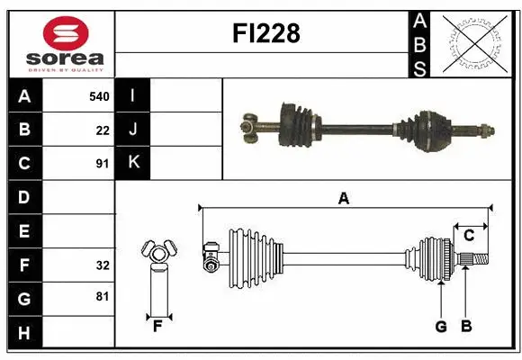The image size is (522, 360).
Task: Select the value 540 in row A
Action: point(98,95)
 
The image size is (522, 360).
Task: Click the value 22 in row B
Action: point(102,130)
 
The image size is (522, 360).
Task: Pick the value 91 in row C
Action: point(102,164)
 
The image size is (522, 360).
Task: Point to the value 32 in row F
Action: point(102,265)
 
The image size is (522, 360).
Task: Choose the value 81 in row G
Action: point(102,298)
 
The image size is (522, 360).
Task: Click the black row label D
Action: point(23,197)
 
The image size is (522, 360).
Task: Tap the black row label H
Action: point(23,333)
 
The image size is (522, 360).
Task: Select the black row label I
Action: point(133,95)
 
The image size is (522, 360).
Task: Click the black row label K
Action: point(133,164)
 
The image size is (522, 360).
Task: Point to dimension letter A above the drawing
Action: point(343,199)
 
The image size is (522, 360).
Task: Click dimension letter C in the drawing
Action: point(469,235)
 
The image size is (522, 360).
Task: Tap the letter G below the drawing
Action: point(441,327)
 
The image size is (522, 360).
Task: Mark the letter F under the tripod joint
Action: point(157,327)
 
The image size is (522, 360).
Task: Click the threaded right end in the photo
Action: point(487,133)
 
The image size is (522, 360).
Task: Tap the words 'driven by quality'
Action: point(65,68)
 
